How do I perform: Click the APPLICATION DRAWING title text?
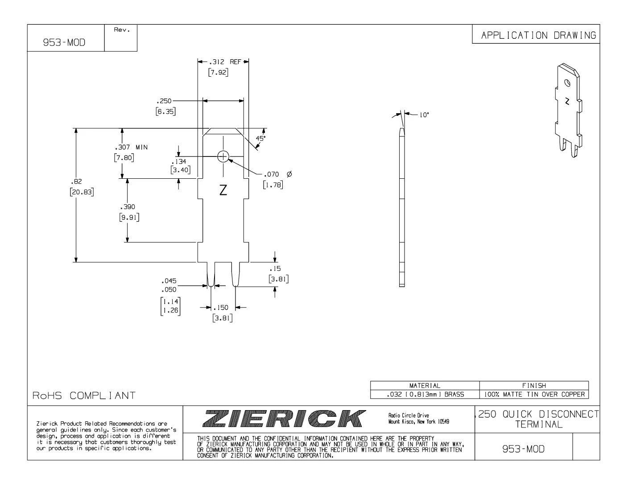pyautogui.click(x=538, y=35)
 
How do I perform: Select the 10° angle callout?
pyautogui.click(x=423, y=115)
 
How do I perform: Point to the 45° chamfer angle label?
pyautogui.click(x=260, y=138)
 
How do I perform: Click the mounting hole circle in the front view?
pyautogui.click(x=223, y=156)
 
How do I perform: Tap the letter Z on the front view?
pyautogui.click(x=223, y=190)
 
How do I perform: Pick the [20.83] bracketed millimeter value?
pyautogui.click(x=82, y=192)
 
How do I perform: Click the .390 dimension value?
pyautogui.click(x=128, y=207)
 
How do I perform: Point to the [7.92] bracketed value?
pyautogui.click(x=219, y=73)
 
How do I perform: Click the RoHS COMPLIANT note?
pyautogui.click(x=84, y=395)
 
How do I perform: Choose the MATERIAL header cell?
pyautogui.click(x=425, y=386)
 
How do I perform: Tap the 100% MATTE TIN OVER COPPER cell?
pyautogui.click(x=534, y=394)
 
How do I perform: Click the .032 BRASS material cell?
pyautogui.click(x=425, y=394)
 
